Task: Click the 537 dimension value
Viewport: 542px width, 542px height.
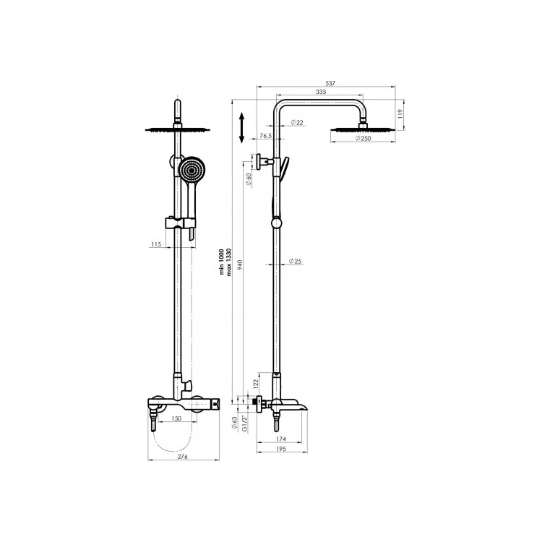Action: pos(330,83)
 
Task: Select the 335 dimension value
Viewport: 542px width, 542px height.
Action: pos(321,92)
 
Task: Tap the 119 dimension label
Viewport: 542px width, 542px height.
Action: pos(400,113)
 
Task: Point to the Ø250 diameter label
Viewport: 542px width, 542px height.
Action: pos(363,138)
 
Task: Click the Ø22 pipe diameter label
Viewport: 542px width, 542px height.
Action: pos(297,122)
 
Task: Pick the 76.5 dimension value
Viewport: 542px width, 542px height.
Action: pos(265,136)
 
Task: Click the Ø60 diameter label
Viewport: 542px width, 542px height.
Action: pos(248,179)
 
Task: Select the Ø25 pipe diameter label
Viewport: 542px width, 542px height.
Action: pos(295,261)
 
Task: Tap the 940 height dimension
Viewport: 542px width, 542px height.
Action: pos(240,264)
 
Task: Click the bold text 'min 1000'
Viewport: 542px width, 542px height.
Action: pos(222,262)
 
